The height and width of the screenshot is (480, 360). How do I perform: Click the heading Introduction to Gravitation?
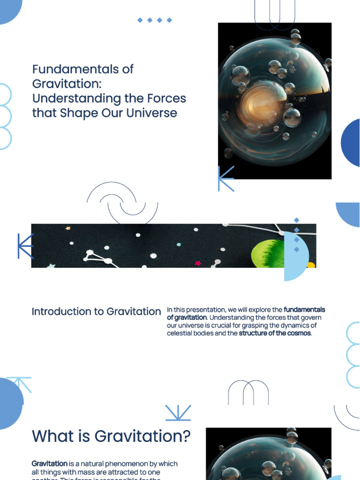96,312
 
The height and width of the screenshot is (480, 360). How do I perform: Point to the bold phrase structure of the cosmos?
275,334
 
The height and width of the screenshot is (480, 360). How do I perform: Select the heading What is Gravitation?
111,436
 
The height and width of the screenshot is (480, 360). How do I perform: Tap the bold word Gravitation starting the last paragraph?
50,464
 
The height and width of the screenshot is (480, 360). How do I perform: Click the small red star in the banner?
198,263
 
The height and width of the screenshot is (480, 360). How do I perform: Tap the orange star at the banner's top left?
68,228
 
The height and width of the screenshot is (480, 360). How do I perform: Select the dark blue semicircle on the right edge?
351,142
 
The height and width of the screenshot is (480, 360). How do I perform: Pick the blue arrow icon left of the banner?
25,246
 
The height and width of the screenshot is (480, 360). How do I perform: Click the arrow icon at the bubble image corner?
225,179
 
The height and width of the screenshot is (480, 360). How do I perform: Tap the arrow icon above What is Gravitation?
178,412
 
